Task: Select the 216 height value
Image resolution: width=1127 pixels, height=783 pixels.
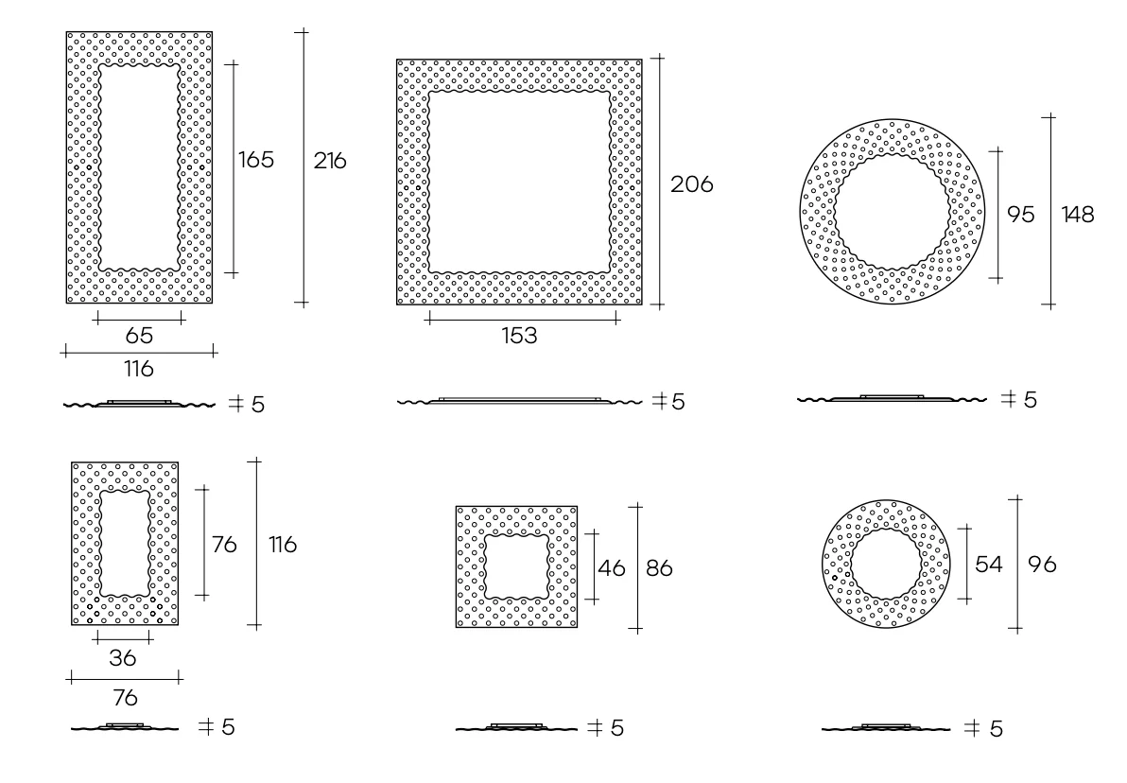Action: click(x=330, y=161)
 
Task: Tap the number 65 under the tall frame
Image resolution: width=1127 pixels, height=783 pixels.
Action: click(x=139, y=336)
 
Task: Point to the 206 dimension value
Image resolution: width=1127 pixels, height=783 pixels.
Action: click(x=691, y=184)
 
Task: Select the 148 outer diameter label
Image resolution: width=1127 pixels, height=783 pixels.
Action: click(x=1077, y=215)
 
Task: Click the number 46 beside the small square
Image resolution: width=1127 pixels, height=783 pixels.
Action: click(x=611, y=569)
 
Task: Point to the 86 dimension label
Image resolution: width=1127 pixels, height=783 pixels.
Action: click(x=662, y=569)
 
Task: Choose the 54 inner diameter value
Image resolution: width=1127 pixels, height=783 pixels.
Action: click(x=989, y=565)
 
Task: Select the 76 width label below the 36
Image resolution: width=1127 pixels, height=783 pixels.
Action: click(x=125, y=698)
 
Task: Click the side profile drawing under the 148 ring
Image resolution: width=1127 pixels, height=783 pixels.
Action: click(x=892, y=399)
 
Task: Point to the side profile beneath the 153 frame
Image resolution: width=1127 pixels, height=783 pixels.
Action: click(x=519, y=401)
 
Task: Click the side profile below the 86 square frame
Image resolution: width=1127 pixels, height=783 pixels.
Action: click(x=516, y=728)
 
